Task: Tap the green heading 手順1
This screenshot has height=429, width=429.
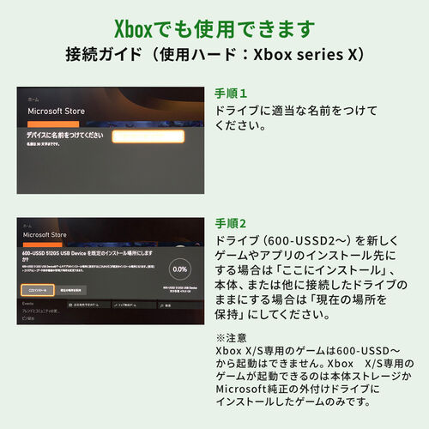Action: coord(231,93)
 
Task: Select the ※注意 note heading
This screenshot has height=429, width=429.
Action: coord(229,338)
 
